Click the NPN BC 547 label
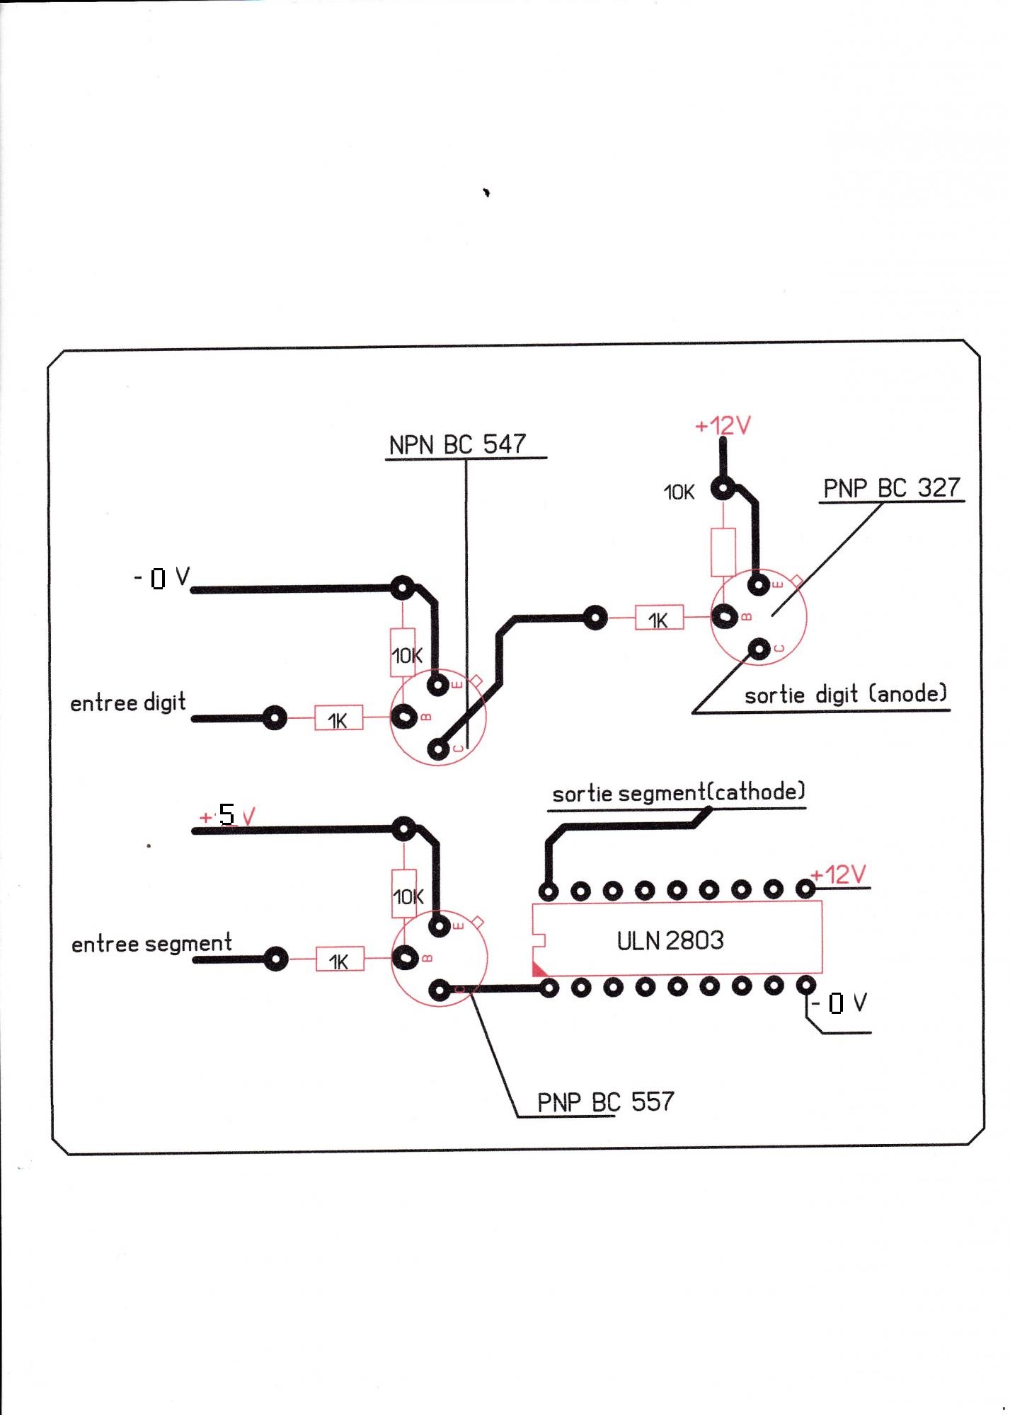[457, 444]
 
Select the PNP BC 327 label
[891, 487]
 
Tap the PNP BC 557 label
[605, 1102]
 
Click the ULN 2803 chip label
[670, 940]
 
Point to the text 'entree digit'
[128, 703]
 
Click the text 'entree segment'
[151, 944]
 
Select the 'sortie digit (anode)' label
[845, 694]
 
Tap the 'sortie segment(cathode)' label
[678, 792]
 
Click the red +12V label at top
[723, 426]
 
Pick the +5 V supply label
[227, 816]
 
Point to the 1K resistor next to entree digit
[338, 719]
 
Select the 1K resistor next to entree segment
[340, 960]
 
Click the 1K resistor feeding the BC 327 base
[659, 619]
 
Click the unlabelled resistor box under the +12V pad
[723, 552]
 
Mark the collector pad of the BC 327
[759, 649]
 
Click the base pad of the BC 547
[405, 717]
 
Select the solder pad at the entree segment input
[275, 959]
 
